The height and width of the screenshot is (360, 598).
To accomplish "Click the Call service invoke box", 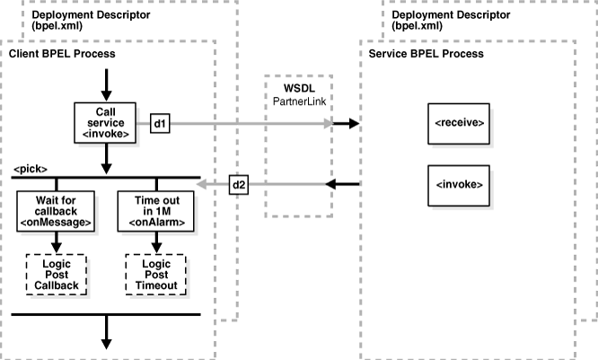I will click(x=107, y=121).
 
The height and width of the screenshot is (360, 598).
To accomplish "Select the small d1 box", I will click(x=160, y=122).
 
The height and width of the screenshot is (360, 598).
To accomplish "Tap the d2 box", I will click(x=240, y=185).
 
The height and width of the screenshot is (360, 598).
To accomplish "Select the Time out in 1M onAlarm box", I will click(x=158, y=209).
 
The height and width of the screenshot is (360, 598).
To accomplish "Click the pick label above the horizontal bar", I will click(x=31, y=169).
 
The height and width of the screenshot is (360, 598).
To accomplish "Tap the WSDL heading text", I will click(x=296, y=92).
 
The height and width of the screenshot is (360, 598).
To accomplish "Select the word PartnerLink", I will click(x=298, y=104).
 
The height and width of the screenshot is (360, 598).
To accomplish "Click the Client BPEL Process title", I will click(x=62, y=54).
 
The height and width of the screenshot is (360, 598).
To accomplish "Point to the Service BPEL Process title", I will click(x=427, y=54).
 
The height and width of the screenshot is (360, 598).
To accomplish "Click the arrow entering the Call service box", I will click(x=107, y=87).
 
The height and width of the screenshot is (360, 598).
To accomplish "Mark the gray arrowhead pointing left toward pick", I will click(x=203, y=185).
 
